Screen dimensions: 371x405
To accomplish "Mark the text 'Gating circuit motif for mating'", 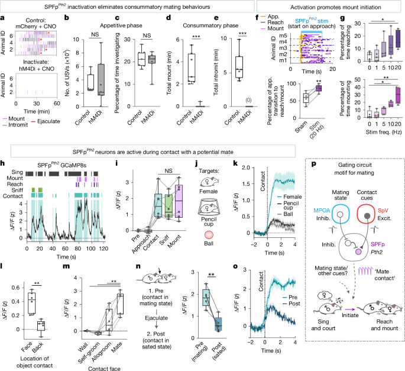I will tap(351, 182).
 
